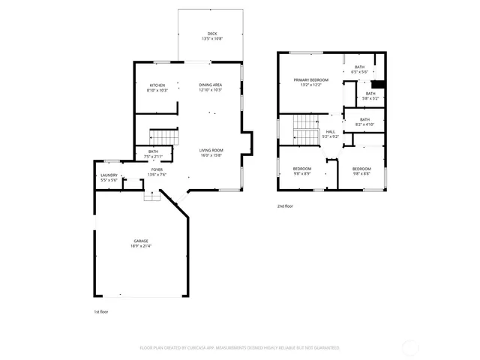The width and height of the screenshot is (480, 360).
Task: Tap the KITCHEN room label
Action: [157, 85]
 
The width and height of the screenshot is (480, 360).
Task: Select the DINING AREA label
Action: [210, 85]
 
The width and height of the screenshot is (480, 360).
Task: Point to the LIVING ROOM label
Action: [211, 151]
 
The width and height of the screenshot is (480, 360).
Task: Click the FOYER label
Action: [157, 169]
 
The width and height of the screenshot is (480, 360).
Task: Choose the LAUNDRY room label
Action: [109, 176]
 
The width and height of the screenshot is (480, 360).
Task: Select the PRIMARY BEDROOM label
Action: [311, 79]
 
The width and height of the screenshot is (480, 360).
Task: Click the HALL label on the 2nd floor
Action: [330, 131]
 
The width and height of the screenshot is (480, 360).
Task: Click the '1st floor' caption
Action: [100, 310]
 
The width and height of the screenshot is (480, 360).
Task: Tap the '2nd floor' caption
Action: [285, 205]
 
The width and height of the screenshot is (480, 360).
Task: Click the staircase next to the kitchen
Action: [163, 136]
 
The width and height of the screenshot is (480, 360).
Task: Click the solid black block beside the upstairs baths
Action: [379, 83]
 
